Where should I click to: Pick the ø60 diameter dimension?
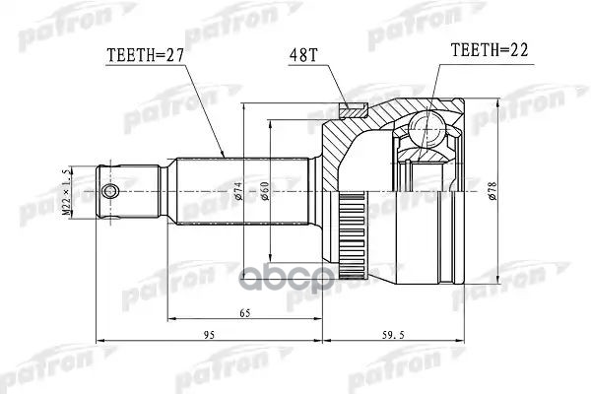point(265,189)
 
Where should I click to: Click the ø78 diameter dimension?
point(491,189)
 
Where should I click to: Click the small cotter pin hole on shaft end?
point(111,189)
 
